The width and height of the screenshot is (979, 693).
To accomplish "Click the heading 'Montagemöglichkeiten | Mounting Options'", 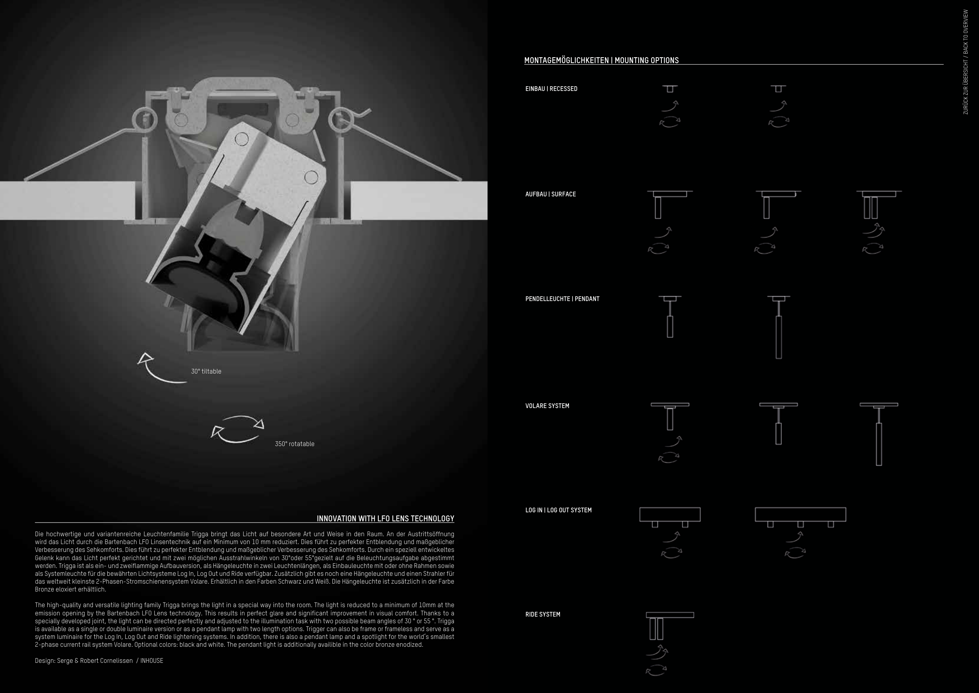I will [x=601, y=60].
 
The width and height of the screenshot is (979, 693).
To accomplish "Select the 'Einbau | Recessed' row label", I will [x=551, y=89].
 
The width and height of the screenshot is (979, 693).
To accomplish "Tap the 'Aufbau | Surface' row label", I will [x=551, y=194].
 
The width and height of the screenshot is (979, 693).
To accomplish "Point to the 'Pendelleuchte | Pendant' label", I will [x=562, y=299].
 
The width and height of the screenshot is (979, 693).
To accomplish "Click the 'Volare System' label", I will [x=547, y=406].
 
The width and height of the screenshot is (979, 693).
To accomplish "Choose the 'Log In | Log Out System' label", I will [x=558, y=510].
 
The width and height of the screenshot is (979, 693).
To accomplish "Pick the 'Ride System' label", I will [x=542, y=615].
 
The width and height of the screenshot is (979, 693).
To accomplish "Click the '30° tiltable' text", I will [x=206, y=371].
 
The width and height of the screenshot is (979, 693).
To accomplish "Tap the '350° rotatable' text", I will [x=294, y=444].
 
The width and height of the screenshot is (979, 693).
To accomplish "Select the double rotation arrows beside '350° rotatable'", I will [x=237, y=428].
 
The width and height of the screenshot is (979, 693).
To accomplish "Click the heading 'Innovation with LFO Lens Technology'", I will [x=385, y=519].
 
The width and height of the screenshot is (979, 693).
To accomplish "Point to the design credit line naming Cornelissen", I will [x=99, y=660].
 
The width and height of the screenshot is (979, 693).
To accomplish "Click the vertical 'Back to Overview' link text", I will [x=965, y=62].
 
